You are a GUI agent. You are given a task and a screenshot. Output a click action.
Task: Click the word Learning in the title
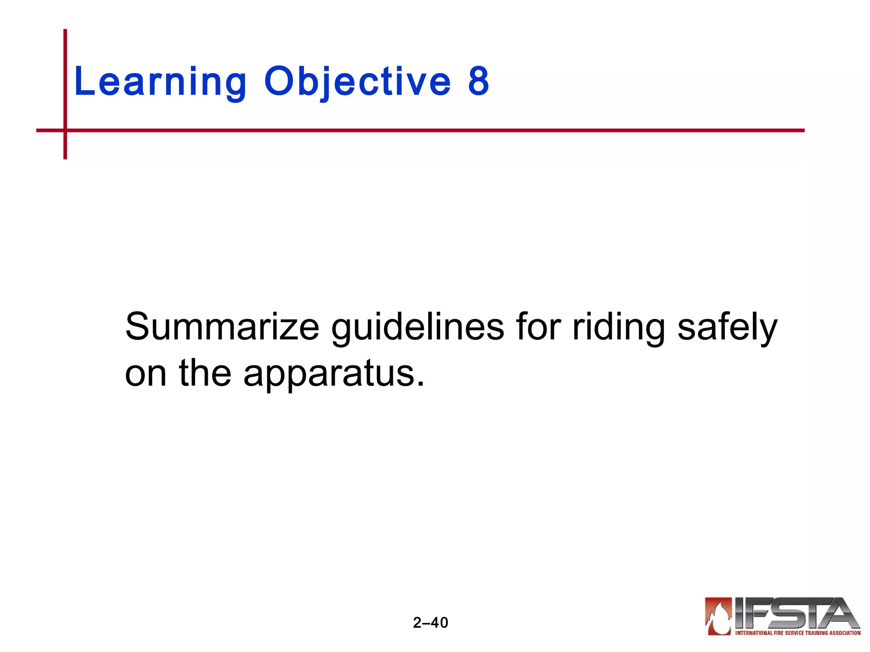160,81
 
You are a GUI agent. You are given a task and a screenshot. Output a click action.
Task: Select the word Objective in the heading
357,81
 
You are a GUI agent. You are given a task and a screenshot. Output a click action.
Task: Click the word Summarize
222,326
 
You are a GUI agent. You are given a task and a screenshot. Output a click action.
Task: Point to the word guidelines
418,326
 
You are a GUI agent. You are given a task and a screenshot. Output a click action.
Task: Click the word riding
619,326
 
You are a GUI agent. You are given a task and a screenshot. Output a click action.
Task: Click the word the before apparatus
205,373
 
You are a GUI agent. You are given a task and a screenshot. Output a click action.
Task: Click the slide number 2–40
430,623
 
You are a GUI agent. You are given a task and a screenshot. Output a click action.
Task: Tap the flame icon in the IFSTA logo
718,616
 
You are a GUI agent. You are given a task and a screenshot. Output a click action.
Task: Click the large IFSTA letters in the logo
794,613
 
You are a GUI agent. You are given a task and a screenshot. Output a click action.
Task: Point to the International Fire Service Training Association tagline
798,633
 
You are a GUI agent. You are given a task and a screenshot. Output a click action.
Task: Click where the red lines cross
65,130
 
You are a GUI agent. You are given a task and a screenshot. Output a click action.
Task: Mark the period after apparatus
420,384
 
